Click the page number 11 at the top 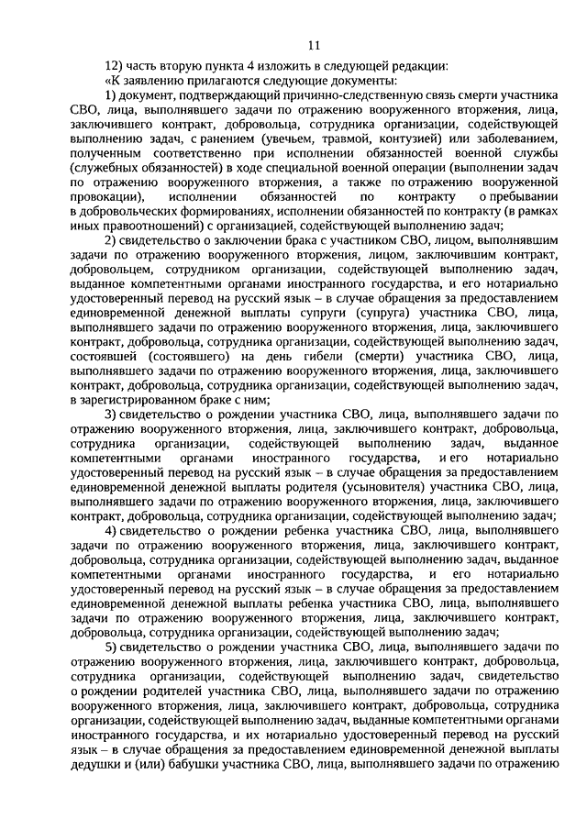[315, 45]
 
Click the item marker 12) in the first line [113, 66]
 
